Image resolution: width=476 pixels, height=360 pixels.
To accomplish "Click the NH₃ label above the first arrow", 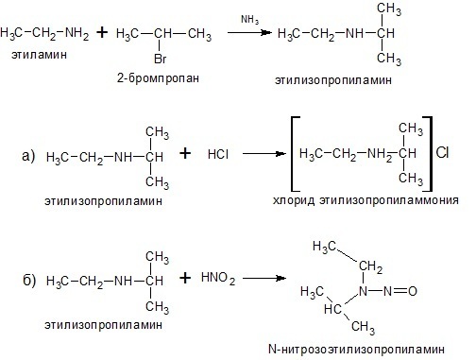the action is [250, 20].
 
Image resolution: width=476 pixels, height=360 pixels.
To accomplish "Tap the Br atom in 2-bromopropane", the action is [161, 59].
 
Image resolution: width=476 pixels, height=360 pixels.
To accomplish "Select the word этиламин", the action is [39, 55].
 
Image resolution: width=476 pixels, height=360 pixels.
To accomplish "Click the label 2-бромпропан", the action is [158, 77].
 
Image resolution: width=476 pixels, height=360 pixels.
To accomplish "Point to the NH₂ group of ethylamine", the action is [76, 34].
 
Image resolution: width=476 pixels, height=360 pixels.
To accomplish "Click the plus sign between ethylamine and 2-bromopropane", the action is [102, 32].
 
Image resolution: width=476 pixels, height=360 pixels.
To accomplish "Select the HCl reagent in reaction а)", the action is [218, 154].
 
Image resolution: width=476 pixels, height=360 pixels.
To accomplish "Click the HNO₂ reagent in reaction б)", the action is [218, 278].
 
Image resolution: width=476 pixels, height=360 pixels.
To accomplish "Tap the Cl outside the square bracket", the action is [442, 153].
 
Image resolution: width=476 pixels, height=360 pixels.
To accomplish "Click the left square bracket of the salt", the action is [293, 154].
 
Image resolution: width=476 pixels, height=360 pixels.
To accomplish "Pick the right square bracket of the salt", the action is [430, 154].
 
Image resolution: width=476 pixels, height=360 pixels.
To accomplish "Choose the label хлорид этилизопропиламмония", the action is [365, 200].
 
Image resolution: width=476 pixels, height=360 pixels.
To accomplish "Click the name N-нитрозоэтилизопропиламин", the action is [356, 349].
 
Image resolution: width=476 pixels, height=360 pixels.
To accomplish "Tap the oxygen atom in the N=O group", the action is [413, 291].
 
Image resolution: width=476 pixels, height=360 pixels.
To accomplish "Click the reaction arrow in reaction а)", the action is [263, 154].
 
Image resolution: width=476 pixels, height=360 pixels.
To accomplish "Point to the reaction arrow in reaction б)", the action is [263, 278].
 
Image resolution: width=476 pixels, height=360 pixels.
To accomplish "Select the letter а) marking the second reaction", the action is [28, 156].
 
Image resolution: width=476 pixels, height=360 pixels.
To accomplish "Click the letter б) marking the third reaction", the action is [29, 280].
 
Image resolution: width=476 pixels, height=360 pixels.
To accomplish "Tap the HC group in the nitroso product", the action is [332, 309].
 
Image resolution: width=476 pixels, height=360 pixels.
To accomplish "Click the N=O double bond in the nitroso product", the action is [399, 291].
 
